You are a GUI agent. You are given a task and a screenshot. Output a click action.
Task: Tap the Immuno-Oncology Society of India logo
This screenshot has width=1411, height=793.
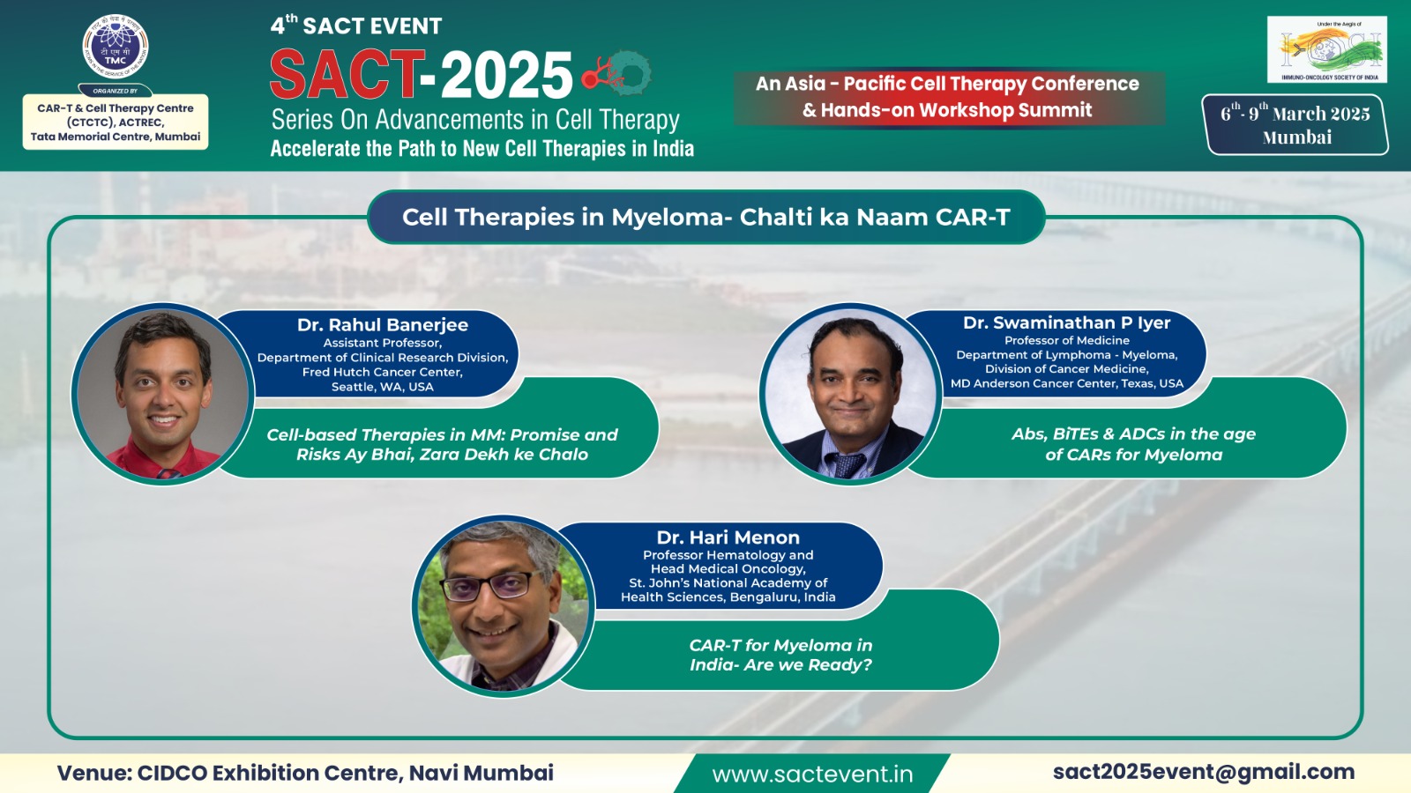1326,49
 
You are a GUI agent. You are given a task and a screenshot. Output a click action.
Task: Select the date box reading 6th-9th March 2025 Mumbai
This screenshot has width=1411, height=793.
1295,124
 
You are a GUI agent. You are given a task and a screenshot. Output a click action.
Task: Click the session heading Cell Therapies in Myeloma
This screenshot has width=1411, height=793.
706,217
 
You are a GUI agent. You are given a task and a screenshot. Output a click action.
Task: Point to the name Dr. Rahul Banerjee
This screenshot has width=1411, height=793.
383,325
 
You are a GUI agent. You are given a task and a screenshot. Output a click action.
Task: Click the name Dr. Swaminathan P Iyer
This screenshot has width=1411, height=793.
1066,322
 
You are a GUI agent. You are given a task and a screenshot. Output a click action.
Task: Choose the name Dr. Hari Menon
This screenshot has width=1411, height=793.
728,537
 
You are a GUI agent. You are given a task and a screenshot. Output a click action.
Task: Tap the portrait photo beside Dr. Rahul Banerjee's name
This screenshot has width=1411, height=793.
163,394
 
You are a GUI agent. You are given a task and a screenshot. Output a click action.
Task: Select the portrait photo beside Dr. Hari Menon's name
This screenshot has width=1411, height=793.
504,607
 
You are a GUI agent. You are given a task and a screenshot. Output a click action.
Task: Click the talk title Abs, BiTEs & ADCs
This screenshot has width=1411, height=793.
1133,444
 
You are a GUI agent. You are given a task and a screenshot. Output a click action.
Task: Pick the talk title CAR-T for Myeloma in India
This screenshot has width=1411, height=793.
780,655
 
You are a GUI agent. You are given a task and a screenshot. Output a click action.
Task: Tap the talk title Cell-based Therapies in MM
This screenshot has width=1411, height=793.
442,444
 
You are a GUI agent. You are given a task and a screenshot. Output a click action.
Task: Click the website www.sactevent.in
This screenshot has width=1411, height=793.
812,774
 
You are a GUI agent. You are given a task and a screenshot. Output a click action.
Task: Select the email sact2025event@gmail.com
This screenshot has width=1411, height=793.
1204,772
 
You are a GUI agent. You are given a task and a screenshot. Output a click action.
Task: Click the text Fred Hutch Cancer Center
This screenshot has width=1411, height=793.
383,372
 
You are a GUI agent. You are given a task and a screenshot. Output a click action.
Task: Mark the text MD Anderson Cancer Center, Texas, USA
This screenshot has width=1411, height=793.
1066,383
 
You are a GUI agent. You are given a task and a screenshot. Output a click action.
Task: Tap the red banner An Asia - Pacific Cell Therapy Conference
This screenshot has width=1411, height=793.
949,98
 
